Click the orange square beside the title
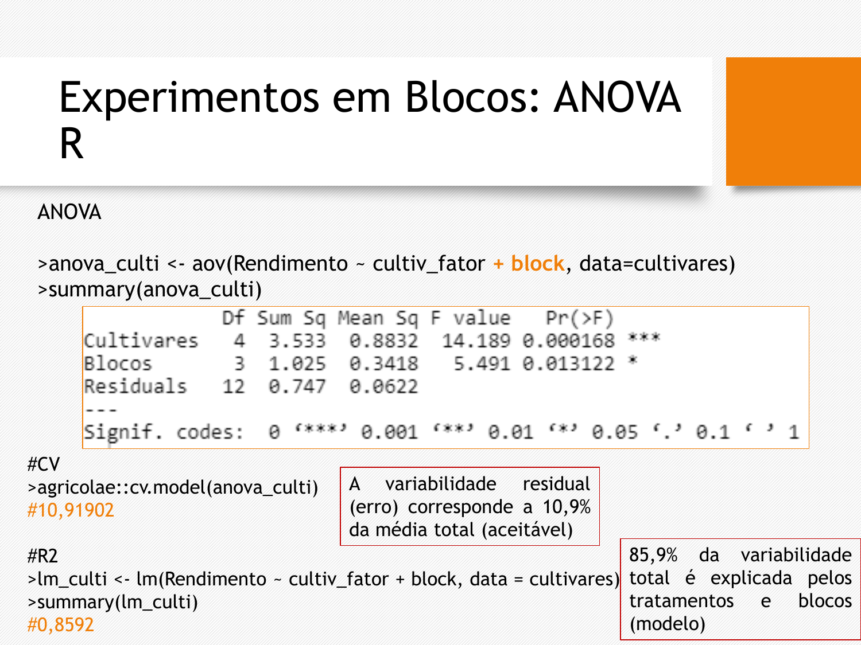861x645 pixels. (x=793, y=122)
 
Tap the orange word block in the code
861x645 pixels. (x=537, y=263)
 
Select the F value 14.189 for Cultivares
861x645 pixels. (x=476, y=341)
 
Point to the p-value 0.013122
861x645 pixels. (x=568, y=364)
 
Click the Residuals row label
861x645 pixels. (x=135, y=386)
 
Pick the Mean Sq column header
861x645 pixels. (x=378, y=318)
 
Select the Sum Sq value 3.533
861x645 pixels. (x=297, y=341)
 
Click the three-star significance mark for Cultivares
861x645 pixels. (x=644, y=338)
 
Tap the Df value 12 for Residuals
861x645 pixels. (x=234, y=387)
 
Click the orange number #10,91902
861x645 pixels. (x=71, y=510)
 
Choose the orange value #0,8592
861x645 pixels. (x=60, y=624)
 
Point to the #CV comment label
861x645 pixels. (x=44, y=464)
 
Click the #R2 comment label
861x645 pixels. (x=42, y=556)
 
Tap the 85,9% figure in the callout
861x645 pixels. (x=653, y=556)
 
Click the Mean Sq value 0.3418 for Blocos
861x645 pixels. (x=383, y=364)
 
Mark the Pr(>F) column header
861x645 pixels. (x=580, y=318)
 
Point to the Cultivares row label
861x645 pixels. (x=141, y=341)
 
